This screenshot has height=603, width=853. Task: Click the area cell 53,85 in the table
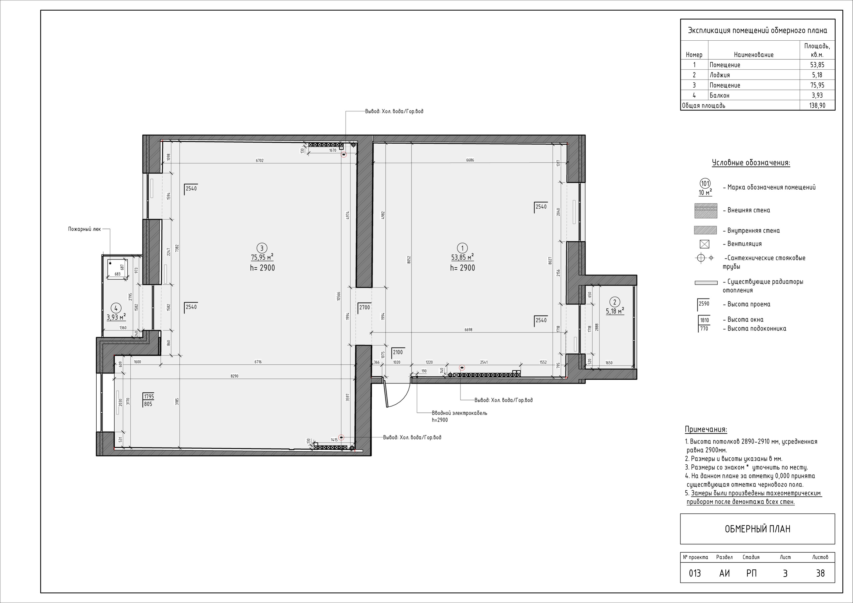click(817, 65)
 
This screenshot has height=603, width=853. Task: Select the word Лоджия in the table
click(720, 75)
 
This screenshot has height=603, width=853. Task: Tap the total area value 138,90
click(817, 106)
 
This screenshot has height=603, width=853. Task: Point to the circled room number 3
click(262, 248)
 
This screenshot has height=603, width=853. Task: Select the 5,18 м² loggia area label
click(615, 311)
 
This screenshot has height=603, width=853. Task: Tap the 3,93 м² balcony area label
click(116, 317)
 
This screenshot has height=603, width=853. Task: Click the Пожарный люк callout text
click(84, 229)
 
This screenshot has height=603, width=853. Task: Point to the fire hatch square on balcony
click(117, 268)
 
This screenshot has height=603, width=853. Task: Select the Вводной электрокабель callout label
click(459, 413)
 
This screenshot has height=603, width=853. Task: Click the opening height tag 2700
click(365, 307)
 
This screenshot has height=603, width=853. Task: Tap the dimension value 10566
click(339, 296)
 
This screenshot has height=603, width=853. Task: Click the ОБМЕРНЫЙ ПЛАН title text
click(757, 529)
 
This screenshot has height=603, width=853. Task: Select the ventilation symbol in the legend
click(704, 244)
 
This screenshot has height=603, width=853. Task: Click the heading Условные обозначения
click(751, 163)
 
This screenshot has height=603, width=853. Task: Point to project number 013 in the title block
click(695, 573)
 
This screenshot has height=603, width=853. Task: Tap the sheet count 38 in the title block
click(820, 573)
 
